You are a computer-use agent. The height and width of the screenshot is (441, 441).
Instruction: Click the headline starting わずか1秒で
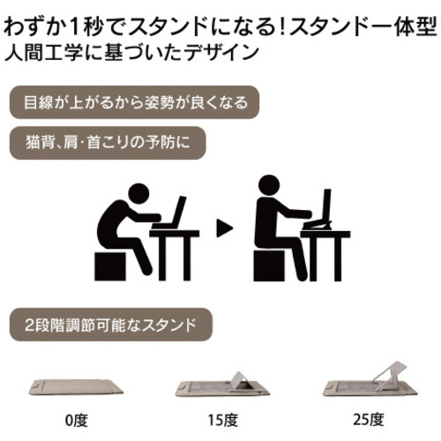[x=220, y=27]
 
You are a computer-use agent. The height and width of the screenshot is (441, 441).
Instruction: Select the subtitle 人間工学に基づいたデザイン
[x=131, y=53]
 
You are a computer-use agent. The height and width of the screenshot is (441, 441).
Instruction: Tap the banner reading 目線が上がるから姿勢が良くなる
[x=134, y=102]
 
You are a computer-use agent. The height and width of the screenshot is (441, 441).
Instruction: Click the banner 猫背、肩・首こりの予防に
[x=108, y=143]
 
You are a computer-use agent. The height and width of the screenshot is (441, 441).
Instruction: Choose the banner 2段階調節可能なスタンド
[x=111, y=325]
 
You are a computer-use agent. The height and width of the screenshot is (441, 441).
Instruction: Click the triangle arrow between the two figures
[x=224, y=228]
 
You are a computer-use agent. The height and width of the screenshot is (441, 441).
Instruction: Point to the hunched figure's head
[x=138, y=194]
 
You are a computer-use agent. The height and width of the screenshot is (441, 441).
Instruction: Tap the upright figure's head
[x=269, y=185]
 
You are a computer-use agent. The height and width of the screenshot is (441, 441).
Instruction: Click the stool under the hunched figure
[x=110, y=266]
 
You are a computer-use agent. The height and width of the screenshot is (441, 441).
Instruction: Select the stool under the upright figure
[x=269, y=265]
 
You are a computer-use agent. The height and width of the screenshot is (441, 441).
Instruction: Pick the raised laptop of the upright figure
[x=320, y=209]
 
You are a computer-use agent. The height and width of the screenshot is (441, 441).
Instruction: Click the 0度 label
[x=77, y=420]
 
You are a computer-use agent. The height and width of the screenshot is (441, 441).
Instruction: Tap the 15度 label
[x=222, y=420]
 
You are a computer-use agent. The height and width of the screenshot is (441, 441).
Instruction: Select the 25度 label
[x=369, y=420]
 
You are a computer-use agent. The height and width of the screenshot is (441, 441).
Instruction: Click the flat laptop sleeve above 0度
[x=76, y=387]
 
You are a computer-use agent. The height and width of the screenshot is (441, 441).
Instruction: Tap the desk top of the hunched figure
[x=175, y=234]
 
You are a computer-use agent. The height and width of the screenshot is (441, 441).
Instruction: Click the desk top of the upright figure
[x=325, y=234]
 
